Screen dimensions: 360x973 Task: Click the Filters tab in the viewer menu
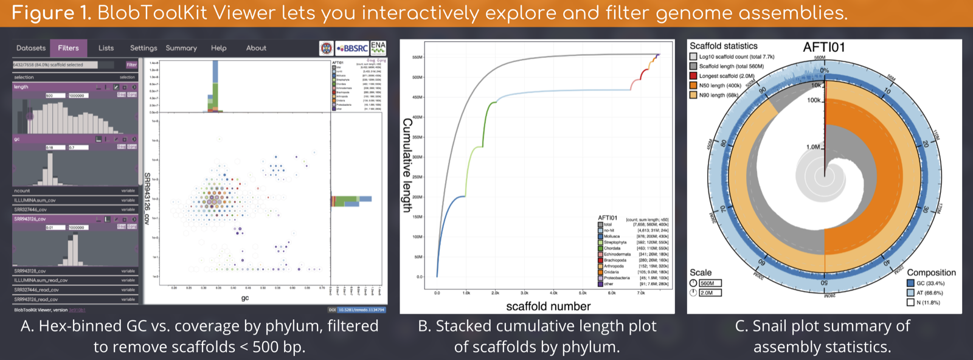[x=68, y=48]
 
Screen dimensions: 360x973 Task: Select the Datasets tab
[x=31, y=48]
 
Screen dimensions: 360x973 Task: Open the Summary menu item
[x=181, y=48]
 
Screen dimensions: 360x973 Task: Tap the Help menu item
[x=219, y=48]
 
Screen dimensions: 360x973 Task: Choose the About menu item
[x=256, y=48]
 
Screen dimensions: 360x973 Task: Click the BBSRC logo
[x=352, y=48]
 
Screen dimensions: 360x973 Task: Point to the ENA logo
[x=378, y=47]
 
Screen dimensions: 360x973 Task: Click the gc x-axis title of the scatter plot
[x=245, y=298]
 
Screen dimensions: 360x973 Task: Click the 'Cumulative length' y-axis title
[x=407, y=165]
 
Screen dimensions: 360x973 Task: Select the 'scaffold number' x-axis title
[x=548, y=306]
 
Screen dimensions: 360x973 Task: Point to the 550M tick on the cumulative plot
[x=417, y=57]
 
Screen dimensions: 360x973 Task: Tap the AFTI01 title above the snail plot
[x=823, y=47]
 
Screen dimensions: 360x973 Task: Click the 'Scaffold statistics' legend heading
[x=723, y=46]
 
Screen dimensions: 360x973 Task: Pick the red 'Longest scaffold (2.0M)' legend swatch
[x=693, y=76]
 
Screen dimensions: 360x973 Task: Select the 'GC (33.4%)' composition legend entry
[x=930, y=283]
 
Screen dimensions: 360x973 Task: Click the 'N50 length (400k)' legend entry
[x=720, y=86]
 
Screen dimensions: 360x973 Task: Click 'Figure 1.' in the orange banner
[x=51, y=13]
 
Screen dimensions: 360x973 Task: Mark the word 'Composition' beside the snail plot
[x=931, y=272]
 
